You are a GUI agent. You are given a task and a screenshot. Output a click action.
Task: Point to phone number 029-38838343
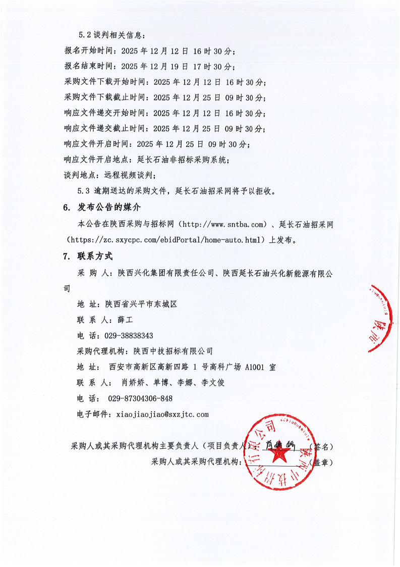(x=129, y=336)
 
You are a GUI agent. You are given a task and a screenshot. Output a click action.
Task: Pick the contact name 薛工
(x=125, y=320)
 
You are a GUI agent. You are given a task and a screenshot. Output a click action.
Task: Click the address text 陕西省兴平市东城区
(x=141, y=304)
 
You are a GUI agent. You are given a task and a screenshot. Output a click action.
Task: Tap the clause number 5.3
(x=84, y=191)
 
